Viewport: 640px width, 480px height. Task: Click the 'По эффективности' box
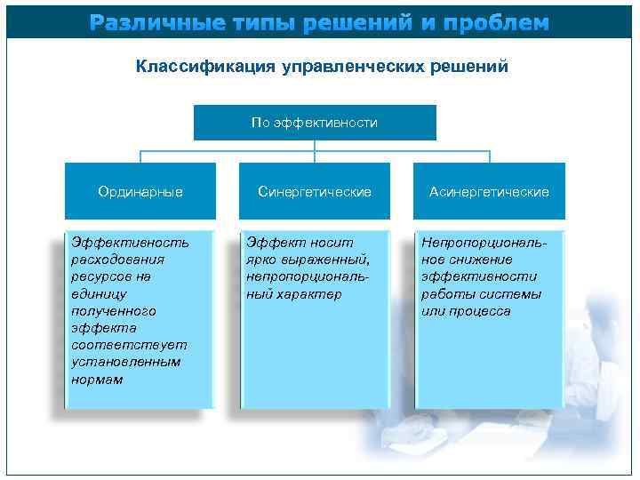315,123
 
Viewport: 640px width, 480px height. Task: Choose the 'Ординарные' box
140,191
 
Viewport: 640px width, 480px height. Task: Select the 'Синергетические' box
315,191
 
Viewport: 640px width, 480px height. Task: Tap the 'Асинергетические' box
489,191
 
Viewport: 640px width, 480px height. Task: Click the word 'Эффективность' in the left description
130,242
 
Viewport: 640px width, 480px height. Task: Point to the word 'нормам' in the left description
97,380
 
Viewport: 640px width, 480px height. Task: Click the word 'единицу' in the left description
100,293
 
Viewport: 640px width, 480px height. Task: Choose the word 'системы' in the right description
515,294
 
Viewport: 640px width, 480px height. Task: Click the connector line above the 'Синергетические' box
315,151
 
